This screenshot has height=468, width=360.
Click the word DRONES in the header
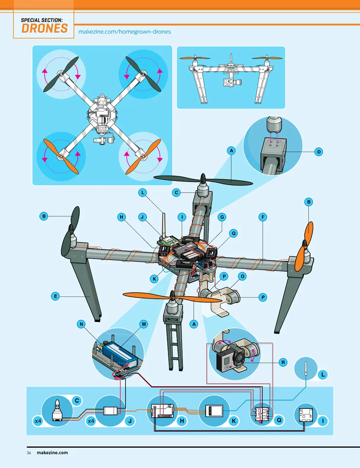click(x=45, y=28)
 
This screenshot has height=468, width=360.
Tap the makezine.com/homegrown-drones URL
click(x=124, y=32)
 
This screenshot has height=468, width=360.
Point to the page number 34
click(x=29, y=453)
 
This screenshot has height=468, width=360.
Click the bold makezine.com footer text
click(x=52, y=453)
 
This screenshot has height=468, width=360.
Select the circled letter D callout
click(x=319, y=152)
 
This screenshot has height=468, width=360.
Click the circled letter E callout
click(x=55, y=296)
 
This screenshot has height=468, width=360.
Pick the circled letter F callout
click(x=263, y=217)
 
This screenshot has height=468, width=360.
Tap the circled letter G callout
click(x=222, y=217)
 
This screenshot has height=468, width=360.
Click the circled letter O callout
click(x=242, y=276)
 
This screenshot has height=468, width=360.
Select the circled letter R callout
click(x=283, y=362)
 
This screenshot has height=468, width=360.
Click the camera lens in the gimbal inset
click(x=239, y=358)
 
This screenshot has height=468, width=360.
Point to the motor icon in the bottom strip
click(x=57, y=410)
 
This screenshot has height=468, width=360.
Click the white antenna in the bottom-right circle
click(x=306, y=368)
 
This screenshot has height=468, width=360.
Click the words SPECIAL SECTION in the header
click(x=42, y=20)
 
